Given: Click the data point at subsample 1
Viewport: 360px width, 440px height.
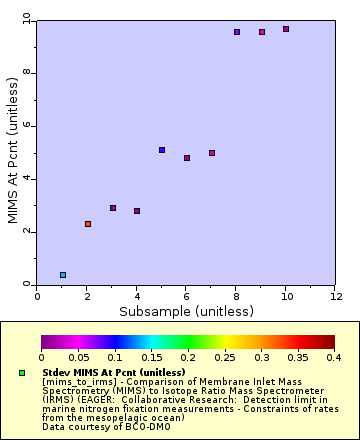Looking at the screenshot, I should (x=63, y=275).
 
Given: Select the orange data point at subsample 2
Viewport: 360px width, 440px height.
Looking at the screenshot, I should (x=88, y=224).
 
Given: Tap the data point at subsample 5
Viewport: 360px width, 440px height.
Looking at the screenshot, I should (x=162, y=150).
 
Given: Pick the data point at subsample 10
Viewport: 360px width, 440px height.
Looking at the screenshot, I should (x=286, y=29).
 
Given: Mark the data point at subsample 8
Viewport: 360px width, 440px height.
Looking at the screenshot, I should (x=237, y=32).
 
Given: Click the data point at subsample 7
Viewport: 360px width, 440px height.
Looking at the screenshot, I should (x=212, y=153).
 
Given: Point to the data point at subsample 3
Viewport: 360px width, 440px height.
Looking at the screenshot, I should (x=113, y=208).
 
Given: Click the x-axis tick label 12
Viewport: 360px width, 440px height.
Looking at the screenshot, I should (x=335, y=296).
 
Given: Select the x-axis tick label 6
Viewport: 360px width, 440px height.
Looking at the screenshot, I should (x=187, y=296).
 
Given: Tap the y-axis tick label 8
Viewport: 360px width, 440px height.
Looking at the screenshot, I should (x=29, y=73).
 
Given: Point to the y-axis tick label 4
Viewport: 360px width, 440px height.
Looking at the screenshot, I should (x=29, y=179).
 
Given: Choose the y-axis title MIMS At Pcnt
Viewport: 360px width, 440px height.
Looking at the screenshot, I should (x=12, y=150).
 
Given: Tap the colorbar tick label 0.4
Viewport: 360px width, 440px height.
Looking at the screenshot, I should (x=334, y=357).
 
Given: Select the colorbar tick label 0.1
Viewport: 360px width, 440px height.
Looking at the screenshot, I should (x=115, y=357).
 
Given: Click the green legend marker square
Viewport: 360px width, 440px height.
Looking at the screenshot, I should (x=21, y=373).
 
